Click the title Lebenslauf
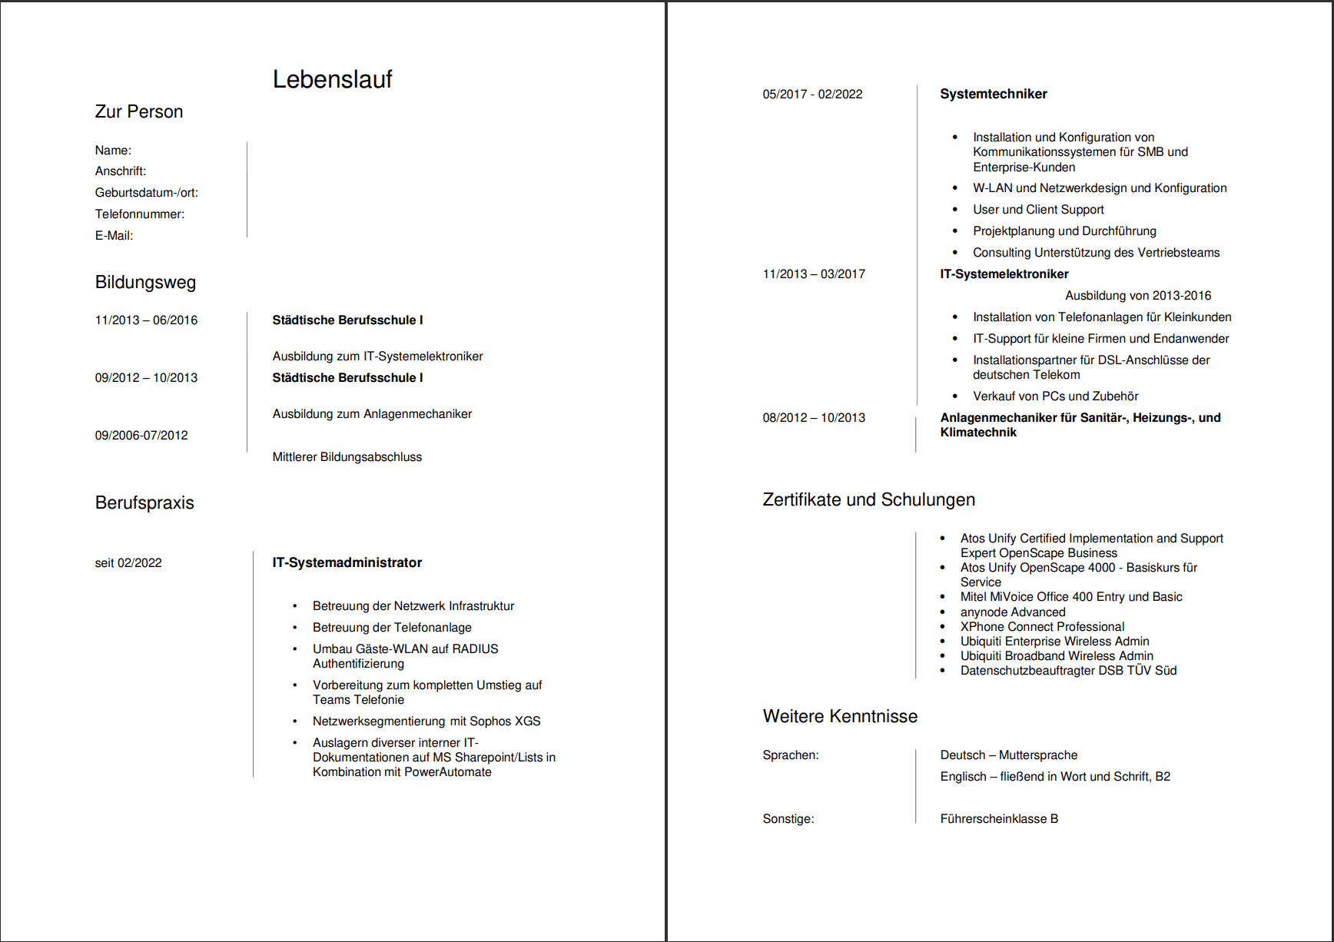pyautogui.click(x=332, y=79)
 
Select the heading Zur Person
pyautogui.click(x=139, y=112)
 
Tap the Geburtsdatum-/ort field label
pyautogui.click(x=146, y=193)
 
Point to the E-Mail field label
pyautogui.click(x=114, y=236)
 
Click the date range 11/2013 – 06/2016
pyautogui.click(x=146, y=320)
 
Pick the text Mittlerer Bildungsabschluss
pyautogui.click(x=347, y=457)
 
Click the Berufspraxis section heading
pyautogui.click(x=144, y=503)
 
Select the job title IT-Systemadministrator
pyautogui.click(x=347, y=563)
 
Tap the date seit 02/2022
pyautogui.click(x=128, y=563)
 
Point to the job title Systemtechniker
pyautogui.click(x=993, y=94)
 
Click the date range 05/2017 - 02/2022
pyautogui.click(x=812, y=95)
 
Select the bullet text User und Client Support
pyautogui.click(x=1037, y=210)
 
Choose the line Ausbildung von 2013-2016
pyautogui.click(x=1137, y=296)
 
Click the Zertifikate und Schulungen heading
pyautogui.click(x=868, y=500)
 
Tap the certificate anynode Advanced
pyautogui.click(x=1012, y=612)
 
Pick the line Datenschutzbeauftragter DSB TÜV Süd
pyautogui.click(x=1068, y=671)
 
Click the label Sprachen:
pyautogui.click(x=790, y=755)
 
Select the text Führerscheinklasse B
pyautogui.click(x=998, y=819)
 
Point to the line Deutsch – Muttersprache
pyautogui.click(x=1008, y=755)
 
